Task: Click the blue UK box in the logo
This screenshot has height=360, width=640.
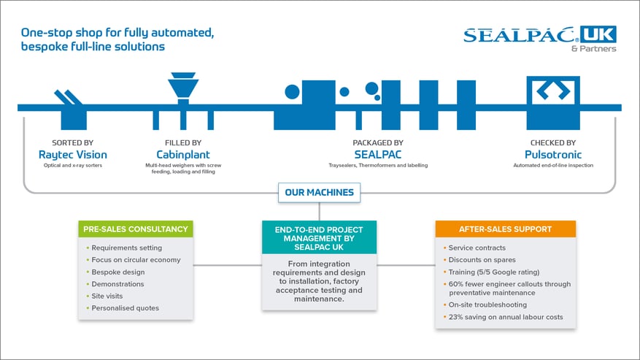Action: coord(598,34)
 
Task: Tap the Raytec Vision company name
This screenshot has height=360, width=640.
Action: coord(73,155)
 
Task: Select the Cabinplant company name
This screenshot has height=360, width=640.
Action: coord(183,155)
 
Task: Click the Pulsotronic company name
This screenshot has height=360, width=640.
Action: coord(553,155)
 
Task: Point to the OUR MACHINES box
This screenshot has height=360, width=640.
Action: coord(319,193)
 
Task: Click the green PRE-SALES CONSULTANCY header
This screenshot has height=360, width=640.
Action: coord(136,229)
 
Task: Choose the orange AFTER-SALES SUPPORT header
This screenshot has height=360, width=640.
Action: coord(505,229)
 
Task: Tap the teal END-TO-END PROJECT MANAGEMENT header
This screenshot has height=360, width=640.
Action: coord(319,238)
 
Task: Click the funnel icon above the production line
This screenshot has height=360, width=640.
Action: coord(183,86)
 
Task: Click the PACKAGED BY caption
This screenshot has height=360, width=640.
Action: coord(378,142)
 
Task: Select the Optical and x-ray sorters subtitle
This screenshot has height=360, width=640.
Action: coord(73,166)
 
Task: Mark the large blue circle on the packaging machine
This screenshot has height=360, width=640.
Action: coord(292,92)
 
